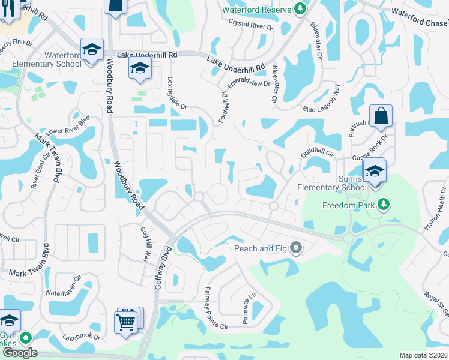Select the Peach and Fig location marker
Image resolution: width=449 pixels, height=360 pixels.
coord(295,248)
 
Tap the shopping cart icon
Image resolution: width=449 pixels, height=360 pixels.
coord(125,322)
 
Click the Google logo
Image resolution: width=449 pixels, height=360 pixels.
coord(20,353)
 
